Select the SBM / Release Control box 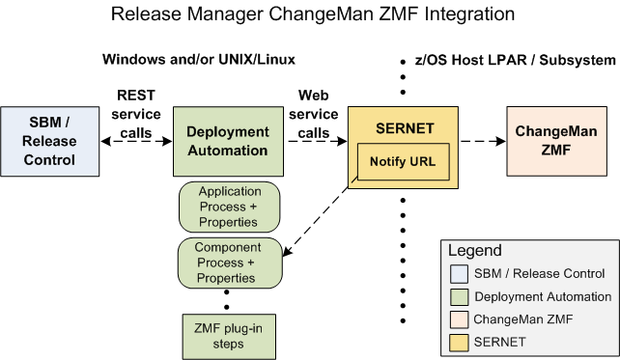(49, 142)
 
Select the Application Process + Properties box (229, 207)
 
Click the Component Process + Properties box (229, 263)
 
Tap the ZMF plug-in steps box (229, 334)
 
